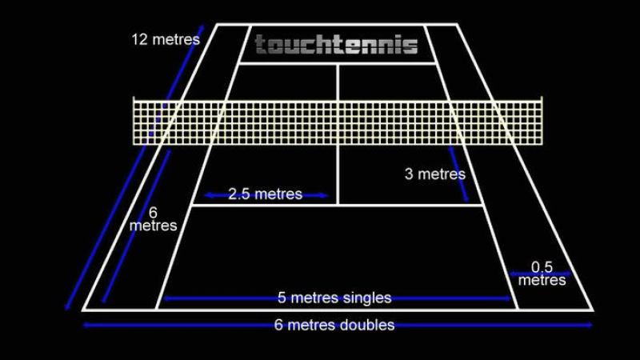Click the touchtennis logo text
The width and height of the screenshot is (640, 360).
336,44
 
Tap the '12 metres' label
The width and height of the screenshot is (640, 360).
166,38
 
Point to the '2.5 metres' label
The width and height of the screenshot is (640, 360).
266,194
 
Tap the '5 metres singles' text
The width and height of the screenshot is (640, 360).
334,298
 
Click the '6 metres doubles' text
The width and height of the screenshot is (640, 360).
334,325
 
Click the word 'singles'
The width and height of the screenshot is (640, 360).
366,298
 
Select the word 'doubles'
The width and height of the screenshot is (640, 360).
366,325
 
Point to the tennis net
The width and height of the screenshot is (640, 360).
336,122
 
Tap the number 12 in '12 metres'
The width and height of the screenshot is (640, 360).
141,38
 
